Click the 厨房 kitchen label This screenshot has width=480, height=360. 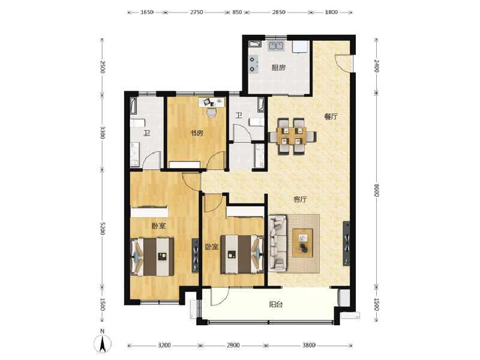click(x=278, y=68)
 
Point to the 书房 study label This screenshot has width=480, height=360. click(x=196, y=133)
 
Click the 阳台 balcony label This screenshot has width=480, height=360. click(x=275, y=304)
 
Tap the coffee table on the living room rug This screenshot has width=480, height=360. click(x=303, y=242)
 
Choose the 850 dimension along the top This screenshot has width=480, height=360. click(x=237, y=11)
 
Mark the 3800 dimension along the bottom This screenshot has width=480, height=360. click(x=308, y=346)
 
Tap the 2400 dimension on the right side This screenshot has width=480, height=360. click(x=377, y=65)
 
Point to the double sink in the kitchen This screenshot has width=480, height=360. click(x=277, y=45)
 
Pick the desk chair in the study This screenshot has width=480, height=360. click(x=211, y=111)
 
